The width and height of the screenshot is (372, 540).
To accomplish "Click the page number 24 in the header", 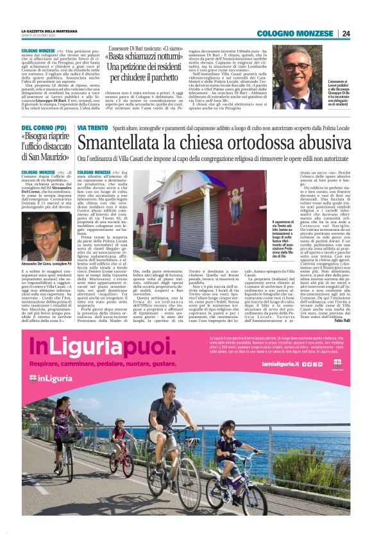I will tap(346, 33).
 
